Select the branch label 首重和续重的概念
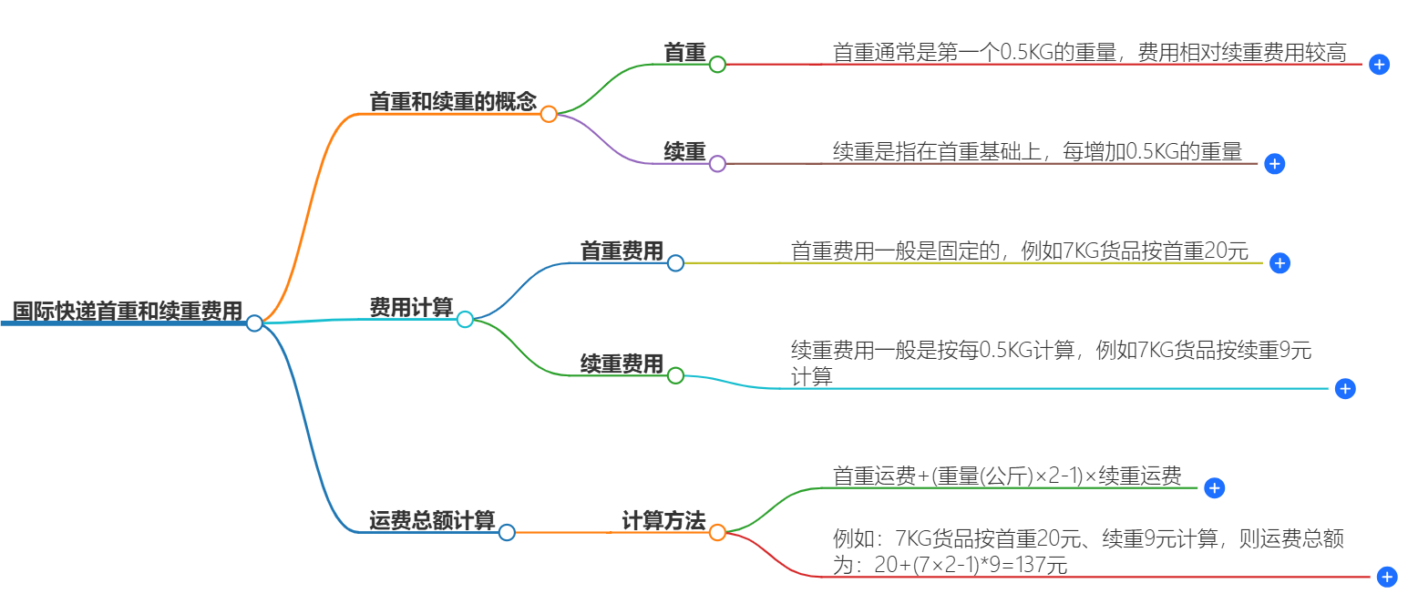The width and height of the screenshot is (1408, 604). [453, 102]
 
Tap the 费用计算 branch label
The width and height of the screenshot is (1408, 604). [411, 308]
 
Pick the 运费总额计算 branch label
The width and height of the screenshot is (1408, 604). [432, 521]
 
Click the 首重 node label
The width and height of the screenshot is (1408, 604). [685, 53]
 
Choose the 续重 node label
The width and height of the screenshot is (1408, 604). [685, 152]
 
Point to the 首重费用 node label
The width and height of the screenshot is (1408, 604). [622, 251]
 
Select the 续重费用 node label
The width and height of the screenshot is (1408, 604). [622, 364]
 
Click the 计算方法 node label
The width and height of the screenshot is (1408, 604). [663, 521]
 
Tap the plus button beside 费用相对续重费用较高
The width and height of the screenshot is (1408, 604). [1380, 65]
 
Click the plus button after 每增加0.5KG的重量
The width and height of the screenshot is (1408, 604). [1275, 164]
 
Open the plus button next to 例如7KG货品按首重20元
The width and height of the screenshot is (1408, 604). [1280, 263]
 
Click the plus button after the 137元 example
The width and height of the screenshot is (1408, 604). [1387, 577]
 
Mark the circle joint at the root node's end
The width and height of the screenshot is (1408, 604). [254, 322]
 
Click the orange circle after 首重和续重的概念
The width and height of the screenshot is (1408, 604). [549, 114]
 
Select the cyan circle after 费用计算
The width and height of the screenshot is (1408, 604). [465, 319]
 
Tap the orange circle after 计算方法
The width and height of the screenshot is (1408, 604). [717, 532]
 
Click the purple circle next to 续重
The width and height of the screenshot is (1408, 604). [717, 164]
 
